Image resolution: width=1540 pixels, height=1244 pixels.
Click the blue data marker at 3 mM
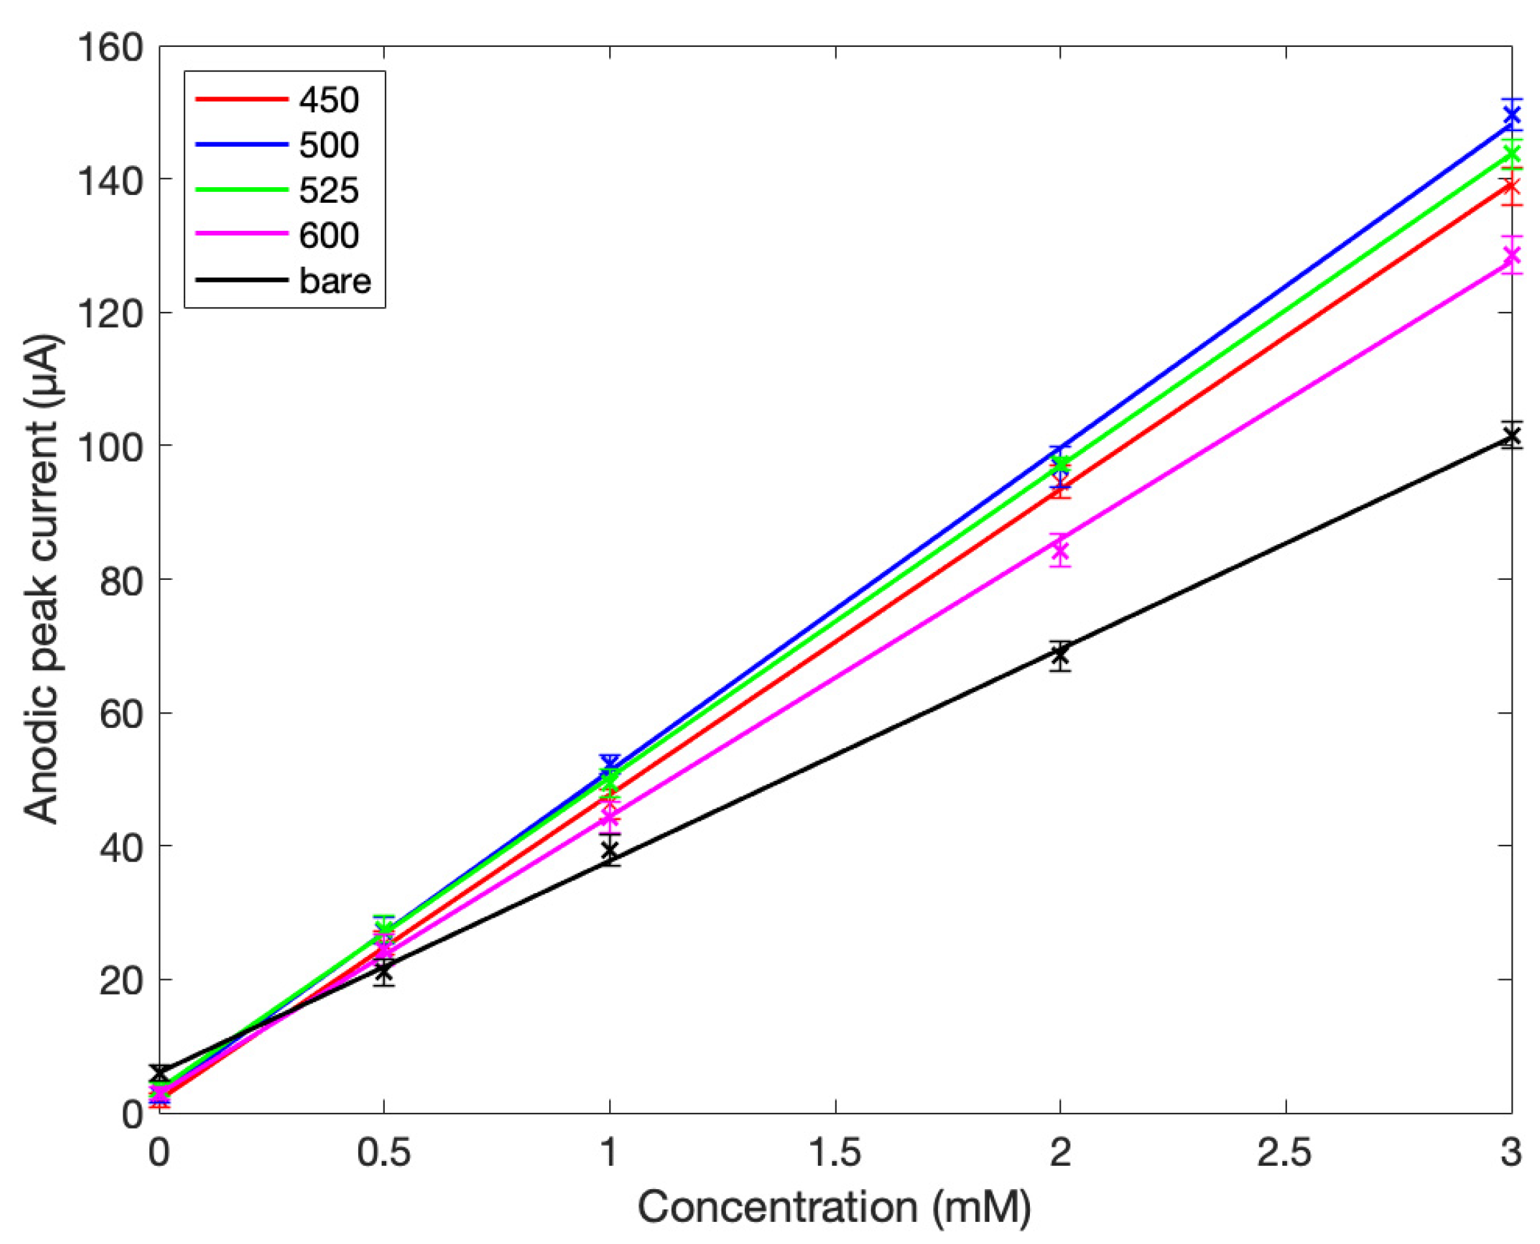[x=1511, y=115]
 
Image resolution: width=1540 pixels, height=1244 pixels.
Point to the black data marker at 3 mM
[x=1511, y=436]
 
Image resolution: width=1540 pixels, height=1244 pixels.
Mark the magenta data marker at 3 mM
[x=1511, y=256]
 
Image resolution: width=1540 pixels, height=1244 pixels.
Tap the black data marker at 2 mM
[x=1060, y=654]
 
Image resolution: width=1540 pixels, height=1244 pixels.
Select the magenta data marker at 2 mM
[x=1060, y=552]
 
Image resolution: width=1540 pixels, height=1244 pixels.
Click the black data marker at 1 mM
[x=609, y=851]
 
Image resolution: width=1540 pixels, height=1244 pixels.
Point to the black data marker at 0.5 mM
[x=384, y=972]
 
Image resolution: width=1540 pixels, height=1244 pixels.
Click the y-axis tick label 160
[x=110, y=48]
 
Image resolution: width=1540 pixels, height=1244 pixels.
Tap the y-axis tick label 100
[x=110, y=447]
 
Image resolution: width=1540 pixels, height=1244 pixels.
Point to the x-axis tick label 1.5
[x=835, y=1153]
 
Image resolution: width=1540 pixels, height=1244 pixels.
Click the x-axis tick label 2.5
[x=1285, y=1153]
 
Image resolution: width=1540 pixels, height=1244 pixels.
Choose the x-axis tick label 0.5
[x=384, y=1153]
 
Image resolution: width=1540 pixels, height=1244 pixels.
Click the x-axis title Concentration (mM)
[x=834, y=1207]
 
